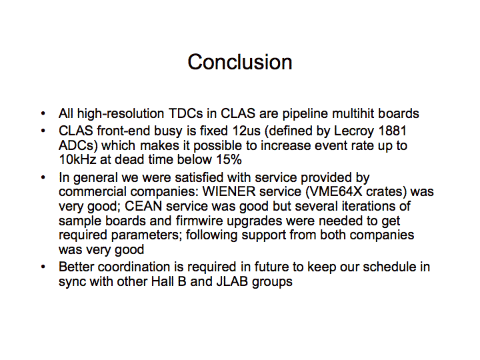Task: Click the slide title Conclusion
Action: (240, 62)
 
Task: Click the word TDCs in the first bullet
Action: (186, 113)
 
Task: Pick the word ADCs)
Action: (78, 146)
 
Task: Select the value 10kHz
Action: (77, 159)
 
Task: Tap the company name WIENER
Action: (229, 191)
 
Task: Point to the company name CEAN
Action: (143, 206)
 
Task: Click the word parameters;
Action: (146, 235)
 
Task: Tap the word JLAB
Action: (232, 281)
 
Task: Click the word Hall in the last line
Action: (162, 281)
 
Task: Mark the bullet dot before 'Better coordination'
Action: (43, 267)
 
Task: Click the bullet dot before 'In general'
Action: (43, 177)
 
